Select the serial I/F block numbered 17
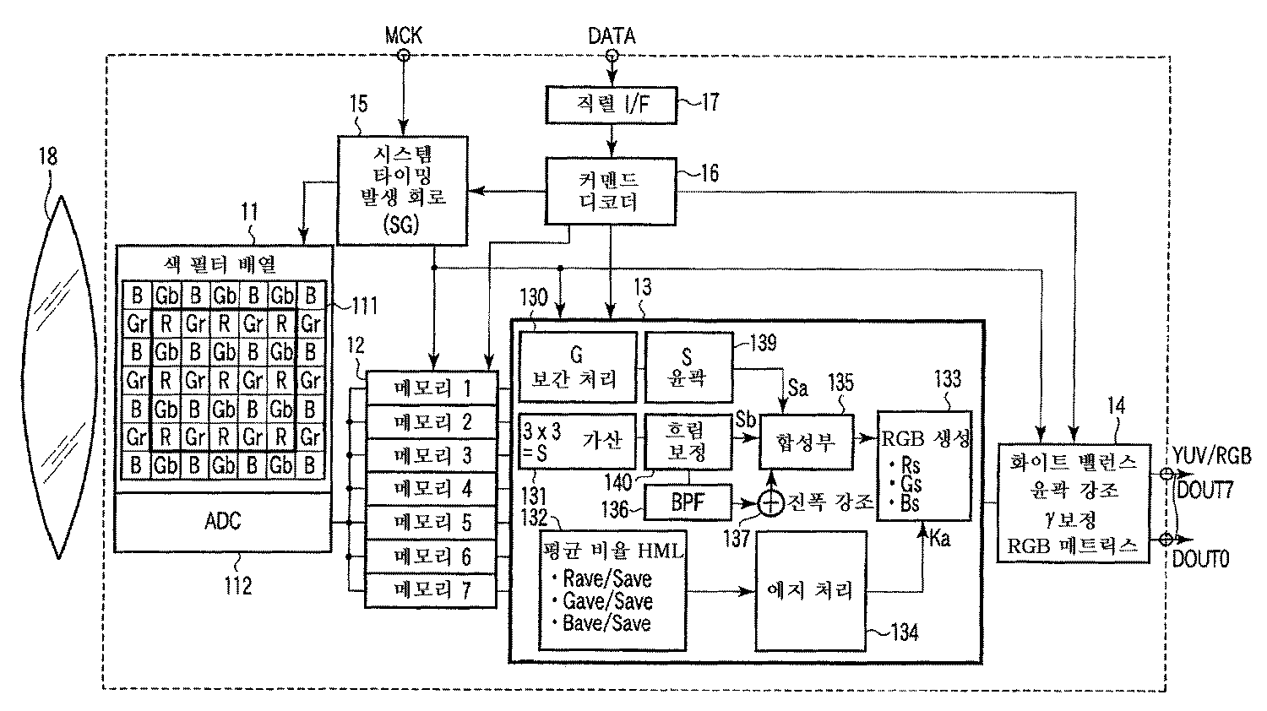tap(612, 104)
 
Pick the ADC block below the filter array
tap(223, 521)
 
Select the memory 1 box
tap(431, 389)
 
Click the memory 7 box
tap(431, 589)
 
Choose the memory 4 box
tap(431, 489)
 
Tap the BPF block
tap(688, 504)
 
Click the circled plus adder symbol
tap(770, 504)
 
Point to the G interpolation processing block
tap(577, 368)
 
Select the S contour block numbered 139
tap(687, 368)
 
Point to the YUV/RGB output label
tap(1210, 457)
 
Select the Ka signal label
tap(938, 538)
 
